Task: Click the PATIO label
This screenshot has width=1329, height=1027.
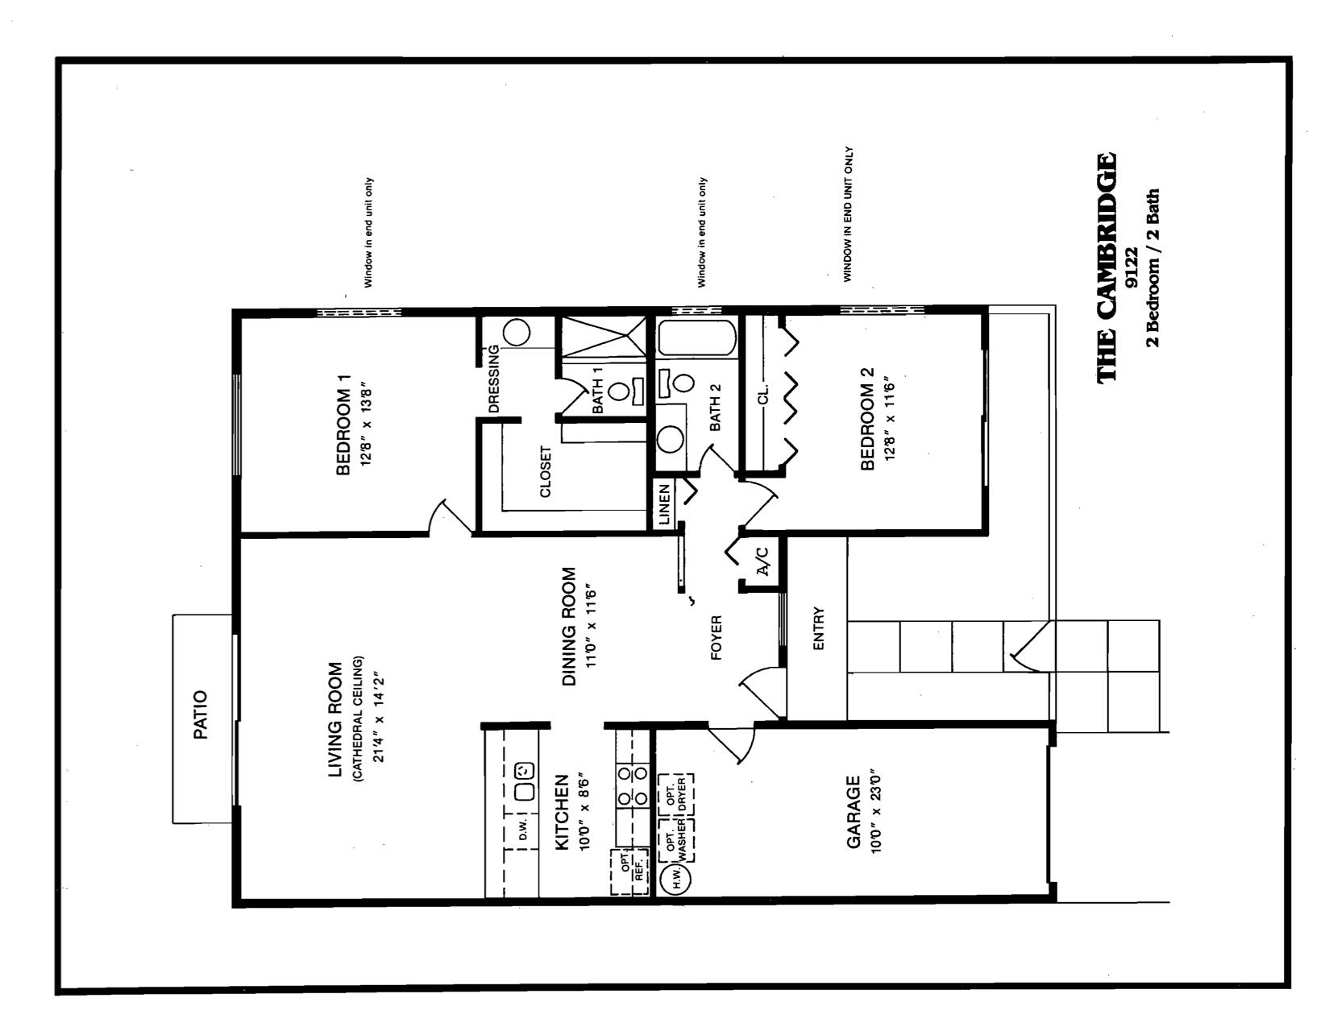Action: (x=201, y=715)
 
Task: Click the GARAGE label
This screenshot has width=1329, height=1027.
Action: (x=853, y=812)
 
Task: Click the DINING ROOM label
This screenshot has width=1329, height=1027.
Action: (x=569, y=627)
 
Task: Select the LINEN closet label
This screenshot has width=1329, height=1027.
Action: (x=665, y=505)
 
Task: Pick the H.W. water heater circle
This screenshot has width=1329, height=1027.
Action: (x=675, y=879)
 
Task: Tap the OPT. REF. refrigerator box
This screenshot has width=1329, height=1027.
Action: (x=630, y=872)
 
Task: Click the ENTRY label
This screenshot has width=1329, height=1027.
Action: (x=819, y=629)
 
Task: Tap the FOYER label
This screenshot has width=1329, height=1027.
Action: (x=716, y=638)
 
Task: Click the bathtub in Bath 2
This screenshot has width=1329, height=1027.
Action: (x=696, y=338)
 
